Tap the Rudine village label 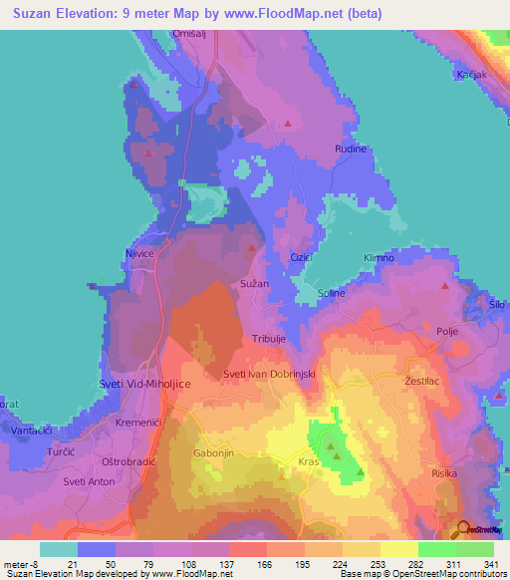[350, 149]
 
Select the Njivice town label [138, 253]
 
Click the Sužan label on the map [255, 284]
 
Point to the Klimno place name [379, 258]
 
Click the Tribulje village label [269, 338]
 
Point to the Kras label [309, 462]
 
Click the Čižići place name [301, 258]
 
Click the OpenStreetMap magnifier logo [464, 530]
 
